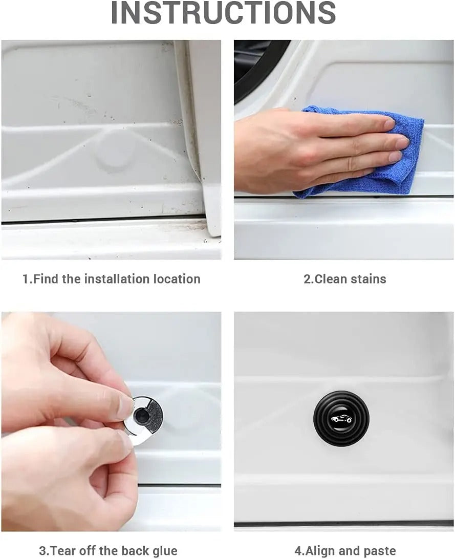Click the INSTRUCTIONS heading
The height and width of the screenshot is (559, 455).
(x=224, y=13)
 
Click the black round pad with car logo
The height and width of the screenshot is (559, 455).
(x=340, y=418)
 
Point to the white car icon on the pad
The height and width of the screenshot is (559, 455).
(x=340, y=419)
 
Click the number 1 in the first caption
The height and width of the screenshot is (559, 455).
(x=26, y=279)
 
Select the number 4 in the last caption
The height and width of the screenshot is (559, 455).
(x=297, y=551)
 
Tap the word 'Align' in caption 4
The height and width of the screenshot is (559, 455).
(x=320, y=551)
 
